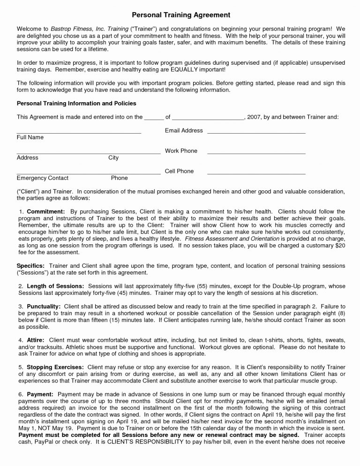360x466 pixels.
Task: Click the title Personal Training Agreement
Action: (180, 15)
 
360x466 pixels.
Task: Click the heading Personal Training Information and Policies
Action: (76, 103)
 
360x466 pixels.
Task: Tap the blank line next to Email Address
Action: (256, 134)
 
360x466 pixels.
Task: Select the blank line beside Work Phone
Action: (256, 154)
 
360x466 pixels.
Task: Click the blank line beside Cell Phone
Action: (256, 174)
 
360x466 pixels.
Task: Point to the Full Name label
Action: (30, 137)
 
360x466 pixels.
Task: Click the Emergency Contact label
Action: (43, 178)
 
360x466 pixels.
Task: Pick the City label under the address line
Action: (113, 158)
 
